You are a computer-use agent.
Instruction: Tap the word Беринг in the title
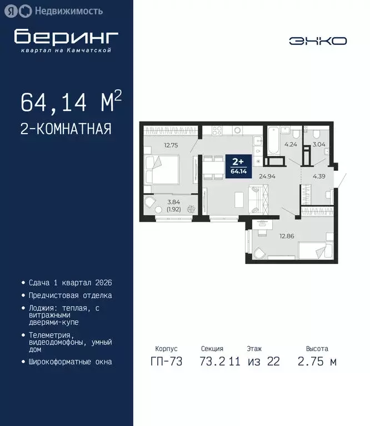67,37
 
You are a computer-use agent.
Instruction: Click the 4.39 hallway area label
319,176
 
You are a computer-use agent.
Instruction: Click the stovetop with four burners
216,131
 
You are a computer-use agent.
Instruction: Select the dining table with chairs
212,168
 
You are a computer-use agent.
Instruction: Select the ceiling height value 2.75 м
317,362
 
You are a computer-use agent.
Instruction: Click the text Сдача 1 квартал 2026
70,282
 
